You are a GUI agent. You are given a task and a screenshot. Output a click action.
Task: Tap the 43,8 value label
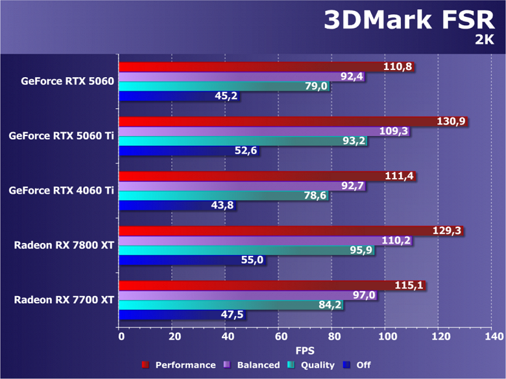tap(222, 206)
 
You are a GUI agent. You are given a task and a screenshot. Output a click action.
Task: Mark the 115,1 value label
tap(410, 286)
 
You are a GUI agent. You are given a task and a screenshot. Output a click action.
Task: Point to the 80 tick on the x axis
tap(332, 337)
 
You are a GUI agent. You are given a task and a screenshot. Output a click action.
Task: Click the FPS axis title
tap(305, 350)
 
